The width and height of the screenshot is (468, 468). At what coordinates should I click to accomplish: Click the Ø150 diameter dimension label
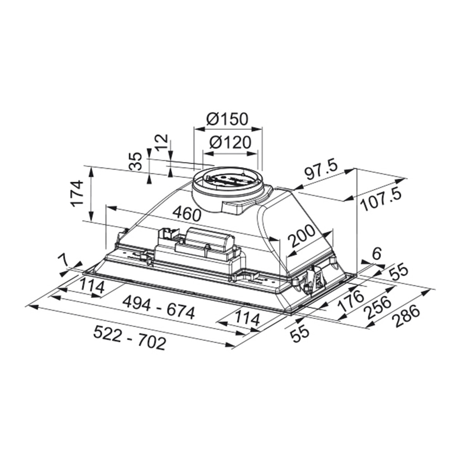(227, 119)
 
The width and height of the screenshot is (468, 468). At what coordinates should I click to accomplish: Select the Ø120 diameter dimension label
(230, 142)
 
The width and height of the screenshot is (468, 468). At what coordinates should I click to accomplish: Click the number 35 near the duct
(135, 161)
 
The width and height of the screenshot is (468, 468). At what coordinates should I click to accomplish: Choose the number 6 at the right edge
(376, 253)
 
